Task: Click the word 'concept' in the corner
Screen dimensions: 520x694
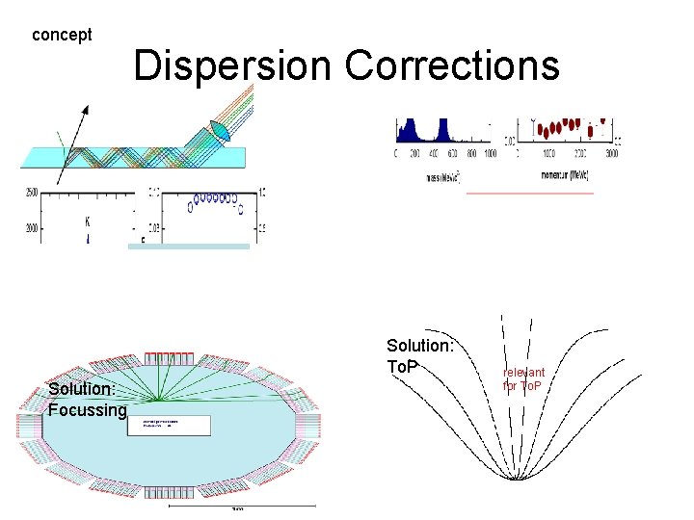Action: (x=62, y=35)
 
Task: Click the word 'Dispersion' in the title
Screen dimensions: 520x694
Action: (x=234, y=65)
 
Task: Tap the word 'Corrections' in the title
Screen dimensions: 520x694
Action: (x=452, y=65)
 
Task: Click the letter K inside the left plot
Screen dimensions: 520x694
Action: (x=88, y=221)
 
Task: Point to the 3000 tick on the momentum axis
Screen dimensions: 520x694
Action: (x=611, y=154)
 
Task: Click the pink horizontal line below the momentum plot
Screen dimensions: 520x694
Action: (x=529, y=193)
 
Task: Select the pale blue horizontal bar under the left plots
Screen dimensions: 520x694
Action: (x=189, y=247)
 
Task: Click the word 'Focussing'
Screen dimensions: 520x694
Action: (x=88, y=411)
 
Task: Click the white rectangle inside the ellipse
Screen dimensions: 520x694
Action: (x=169, y=426)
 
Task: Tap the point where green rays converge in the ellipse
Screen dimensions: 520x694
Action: (x=159, y=400)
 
